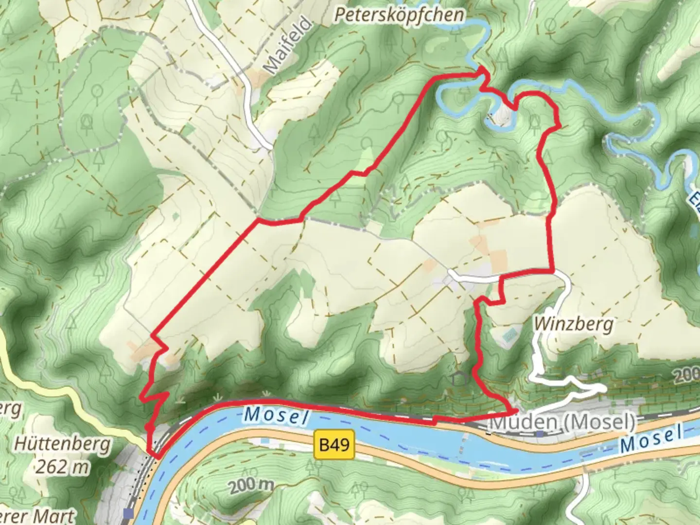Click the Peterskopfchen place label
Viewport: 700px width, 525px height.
coord(399,15)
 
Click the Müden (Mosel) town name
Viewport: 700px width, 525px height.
coord(562,421)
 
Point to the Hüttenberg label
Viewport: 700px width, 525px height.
coord(62,444)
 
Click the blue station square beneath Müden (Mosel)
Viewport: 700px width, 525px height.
coord(540,433)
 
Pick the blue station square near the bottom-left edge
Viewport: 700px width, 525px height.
coord(128,513)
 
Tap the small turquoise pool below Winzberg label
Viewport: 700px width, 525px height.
coord(509,334)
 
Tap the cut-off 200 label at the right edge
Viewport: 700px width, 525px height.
coord(686,374)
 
